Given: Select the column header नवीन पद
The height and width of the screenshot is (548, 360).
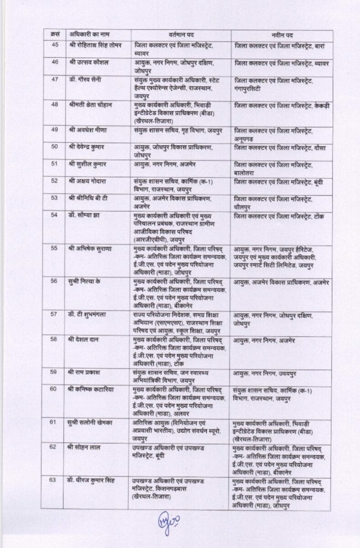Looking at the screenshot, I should click(281, 35).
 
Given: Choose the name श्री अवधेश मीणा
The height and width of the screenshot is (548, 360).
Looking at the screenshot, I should click(89, 130).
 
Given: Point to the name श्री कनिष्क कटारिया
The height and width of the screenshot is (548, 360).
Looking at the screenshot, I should click(94, 389).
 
